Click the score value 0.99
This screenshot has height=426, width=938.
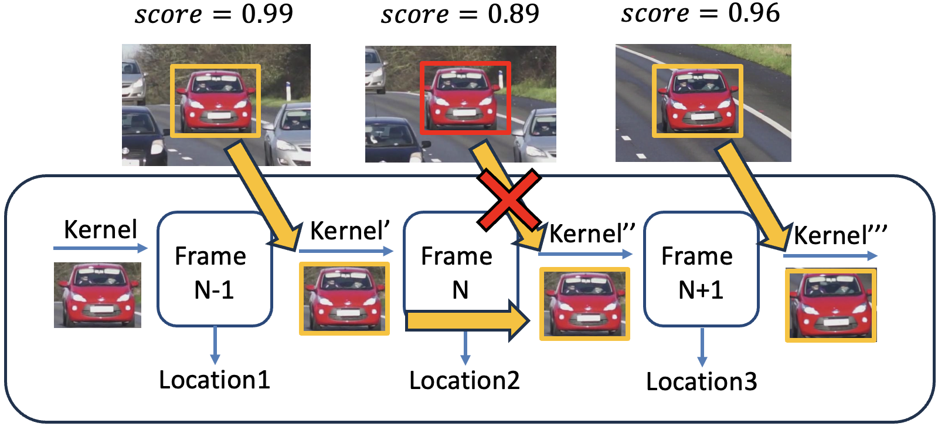pos(267,13)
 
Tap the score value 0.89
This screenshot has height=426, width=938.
pos(514,13)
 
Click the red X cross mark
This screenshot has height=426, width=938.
pos(508,200)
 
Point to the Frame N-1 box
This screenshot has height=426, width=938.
pos(215,269)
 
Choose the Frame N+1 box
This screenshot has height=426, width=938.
pos(701,269)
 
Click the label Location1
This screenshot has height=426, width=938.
pos(215,380)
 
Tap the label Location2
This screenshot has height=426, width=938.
pos(464,380)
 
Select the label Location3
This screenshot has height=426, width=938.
pos(701,381)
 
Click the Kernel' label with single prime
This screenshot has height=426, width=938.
pos(349,231)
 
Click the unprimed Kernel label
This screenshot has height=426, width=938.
pos(100,229)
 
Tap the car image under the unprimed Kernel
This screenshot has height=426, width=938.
pos(97,295)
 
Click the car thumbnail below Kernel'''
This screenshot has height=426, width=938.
pos(831,305)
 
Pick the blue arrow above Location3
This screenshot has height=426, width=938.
pos(702,347)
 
